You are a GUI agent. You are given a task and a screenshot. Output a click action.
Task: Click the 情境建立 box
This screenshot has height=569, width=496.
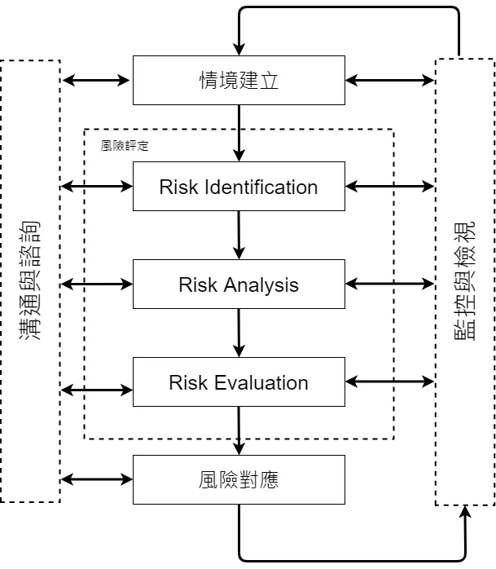238,81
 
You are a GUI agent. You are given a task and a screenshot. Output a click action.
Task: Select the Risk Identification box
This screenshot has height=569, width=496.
238,187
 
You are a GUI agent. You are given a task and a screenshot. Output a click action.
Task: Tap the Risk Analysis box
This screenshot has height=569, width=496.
238,284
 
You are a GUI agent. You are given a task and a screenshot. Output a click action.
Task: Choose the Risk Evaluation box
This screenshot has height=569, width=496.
238,382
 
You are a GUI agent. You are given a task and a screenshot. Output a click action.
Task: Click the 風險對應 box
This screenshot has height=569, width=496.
238,479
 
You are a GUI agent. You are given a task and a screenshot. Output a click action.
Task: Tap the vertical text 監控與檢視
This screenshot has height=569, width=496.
465,281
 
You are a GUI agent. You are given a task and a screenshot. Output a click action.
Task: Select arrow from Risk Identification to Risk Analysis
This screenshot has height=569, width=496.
239,236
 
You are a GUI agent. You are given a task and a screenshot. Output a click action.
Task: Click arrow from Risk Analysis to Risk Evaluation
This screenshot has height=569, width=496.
239,333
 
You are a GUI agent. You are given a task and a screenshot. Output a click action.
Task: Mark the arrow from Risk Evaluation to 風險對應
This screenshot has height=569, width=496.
239,430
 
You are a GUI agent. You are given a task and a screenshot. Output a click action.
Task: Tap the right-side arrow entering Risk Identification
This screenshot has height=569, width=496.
371,187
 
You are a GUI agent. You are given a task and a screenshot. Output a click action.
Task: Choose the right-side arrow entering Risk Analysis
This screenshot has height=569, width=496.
371,284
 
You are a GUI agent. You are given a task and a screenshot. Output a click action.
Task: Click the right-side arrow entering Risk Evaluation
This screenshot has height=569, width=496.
371,382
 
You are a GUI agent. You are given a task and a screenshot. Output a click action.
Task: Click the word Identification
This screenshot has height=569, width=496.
261,187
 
